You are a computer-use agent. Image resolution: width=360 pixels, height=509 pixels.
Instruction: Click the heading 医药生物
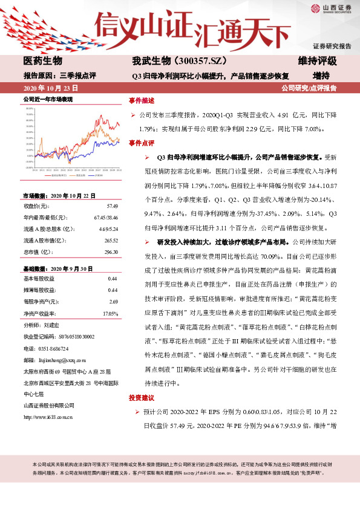pyautogui.click(x=42, y=62)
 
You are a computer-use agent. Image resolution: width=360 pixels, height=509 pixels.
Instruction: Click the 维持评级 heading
pyautogui.click(x=317, y=62)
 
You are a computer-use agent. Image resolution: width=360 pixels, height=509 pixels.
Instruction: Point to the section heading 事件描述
pyautogui.click(x=142, y=100)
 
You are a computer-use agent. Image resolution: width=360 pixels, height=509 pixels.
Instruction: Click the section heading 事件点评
pyautogui.click(x=142, y=143)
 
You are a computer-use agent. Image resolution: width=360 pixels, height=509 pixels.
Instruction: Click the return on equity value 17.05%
pyautogui.click(x=110, y=314)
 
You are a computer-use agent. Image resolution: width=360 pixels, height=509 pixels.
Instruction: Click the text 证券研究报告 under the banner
pyautogui.click(x=332, y=46)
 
